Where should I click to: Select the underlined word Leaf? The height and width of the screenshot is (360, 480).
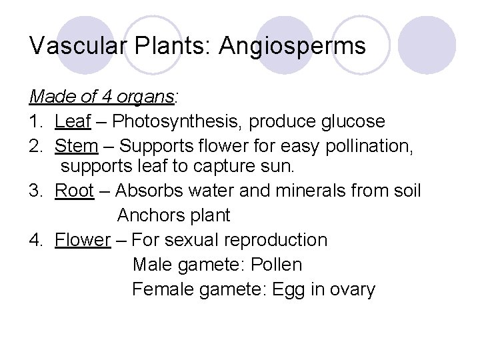point(69,122)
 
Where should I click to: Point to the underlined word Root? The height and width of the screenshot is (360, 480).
point(74,191)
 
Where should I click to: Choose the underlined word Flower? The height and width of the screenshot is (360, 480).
point(82,239)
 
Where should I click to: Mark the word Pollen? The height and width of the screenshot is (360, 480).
point(276,264)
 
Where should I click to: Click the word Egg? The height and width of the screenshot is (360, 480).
point(285,289)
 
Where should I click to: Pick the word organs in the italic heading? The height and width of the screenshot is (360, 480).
point(147,97)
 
